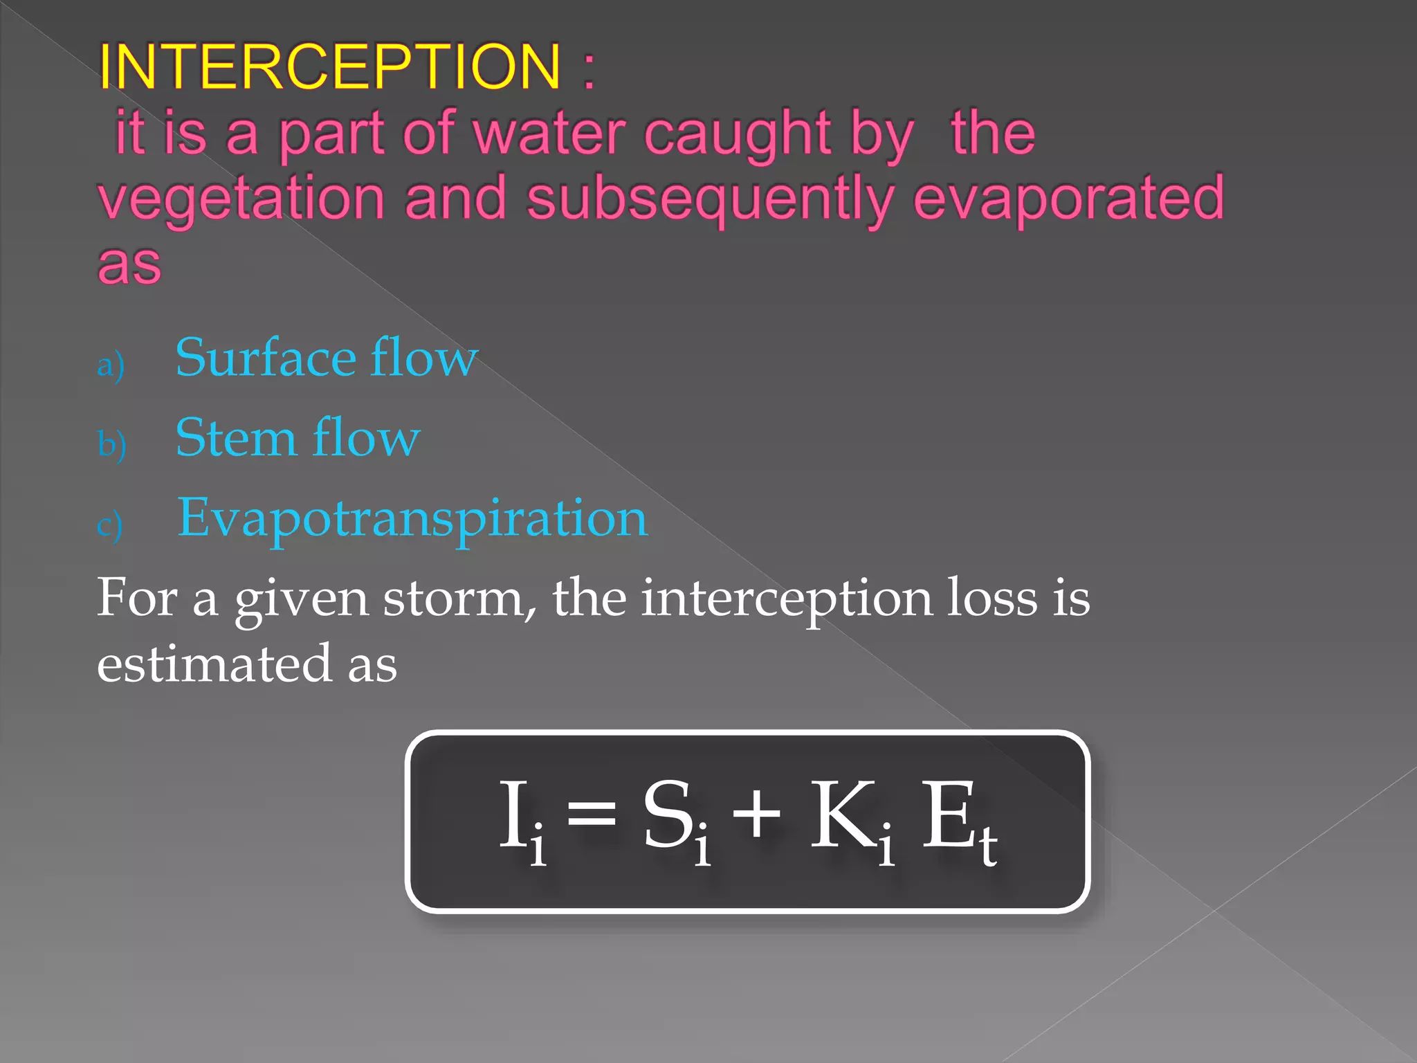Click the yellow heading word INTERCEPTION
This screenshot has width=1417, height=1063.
329,67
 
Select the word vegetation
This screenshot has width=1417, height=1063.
241,199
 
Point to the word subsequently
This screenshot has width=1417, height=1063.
710,199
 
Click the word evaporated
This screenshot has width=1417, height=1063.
1068,199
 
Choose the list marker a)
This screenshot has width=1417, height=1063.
111,365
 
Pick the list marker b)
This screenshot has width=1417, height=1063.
111,444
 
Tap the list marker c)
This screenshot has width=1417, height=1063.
110,525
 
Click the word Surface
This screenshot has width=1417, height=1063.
266,358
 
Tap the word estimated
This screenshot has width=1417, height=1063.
214,664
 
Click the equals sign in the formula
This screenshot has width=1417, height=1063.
592,814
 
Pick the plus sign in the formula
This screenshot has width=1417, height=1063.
756,814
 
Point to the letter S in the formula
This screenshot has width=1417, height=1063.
668,814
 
